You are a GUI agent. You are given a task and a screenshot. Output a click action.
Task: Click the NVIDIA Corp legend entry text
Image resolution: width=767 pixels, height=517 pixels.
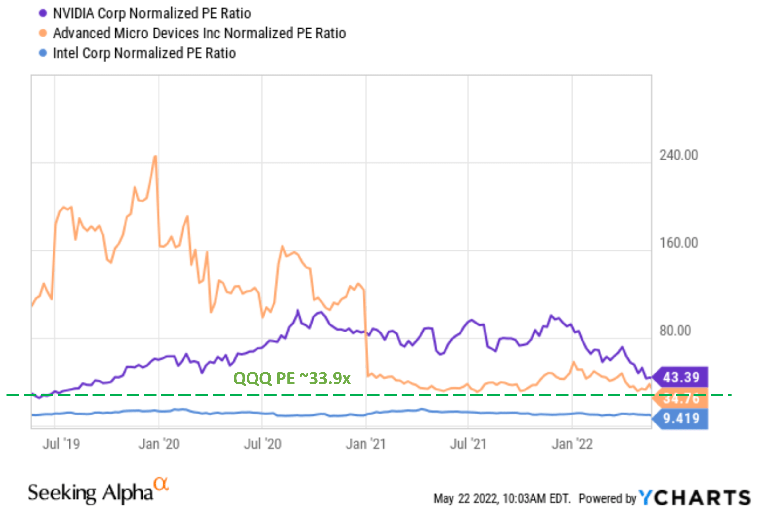[152, 13]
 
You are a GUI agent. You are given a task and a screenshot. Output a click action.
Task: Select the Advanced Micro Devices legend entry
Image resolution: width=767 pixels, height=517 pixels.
[200, 33]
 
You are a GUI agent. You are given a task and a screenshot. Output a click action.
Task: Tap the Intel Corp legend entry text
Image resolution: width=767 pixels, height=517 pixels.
[144, 53]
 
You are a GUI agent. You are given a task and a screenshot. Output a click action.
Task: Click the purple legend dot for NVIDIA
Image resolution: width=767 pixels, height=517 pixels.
[43, 13]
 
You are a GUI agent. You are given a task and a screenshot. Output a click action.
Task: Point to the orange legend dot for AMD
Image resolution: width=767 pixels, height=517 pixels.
[43, 33]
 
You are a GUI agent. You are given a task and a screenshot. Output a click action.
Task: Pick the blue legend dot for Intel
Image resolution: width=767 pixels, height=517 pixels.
[43, 53]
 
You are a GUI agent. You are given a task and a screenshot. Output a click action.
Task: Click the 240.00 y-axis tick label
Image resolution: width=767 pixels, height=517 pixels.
[678, 155]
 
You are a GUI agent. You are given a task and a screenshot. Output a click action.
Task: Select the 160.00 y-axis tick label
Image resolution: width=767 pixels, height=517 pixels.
[678, 243]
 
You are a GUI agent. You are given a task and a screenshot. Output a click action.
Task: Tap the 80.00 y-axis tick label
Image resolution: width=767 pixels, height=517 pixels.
[675, 331]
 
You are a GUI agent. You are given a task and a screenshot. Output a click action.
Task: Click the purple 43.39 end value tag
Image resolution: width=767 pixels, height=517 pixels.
[681, 377]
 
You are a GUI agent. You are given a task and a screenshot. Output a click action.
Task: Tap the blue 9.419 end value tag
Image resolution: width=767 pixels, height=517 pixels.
[681, 418]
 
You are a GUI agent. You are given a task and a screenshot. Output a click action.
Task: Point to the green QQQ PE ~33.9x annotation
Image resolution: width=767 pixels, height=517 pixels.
[292, 378]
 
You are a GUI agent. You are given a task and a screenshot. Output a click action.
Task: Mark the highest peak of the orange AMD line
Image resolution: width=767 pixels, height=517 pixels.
[155, 157]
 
